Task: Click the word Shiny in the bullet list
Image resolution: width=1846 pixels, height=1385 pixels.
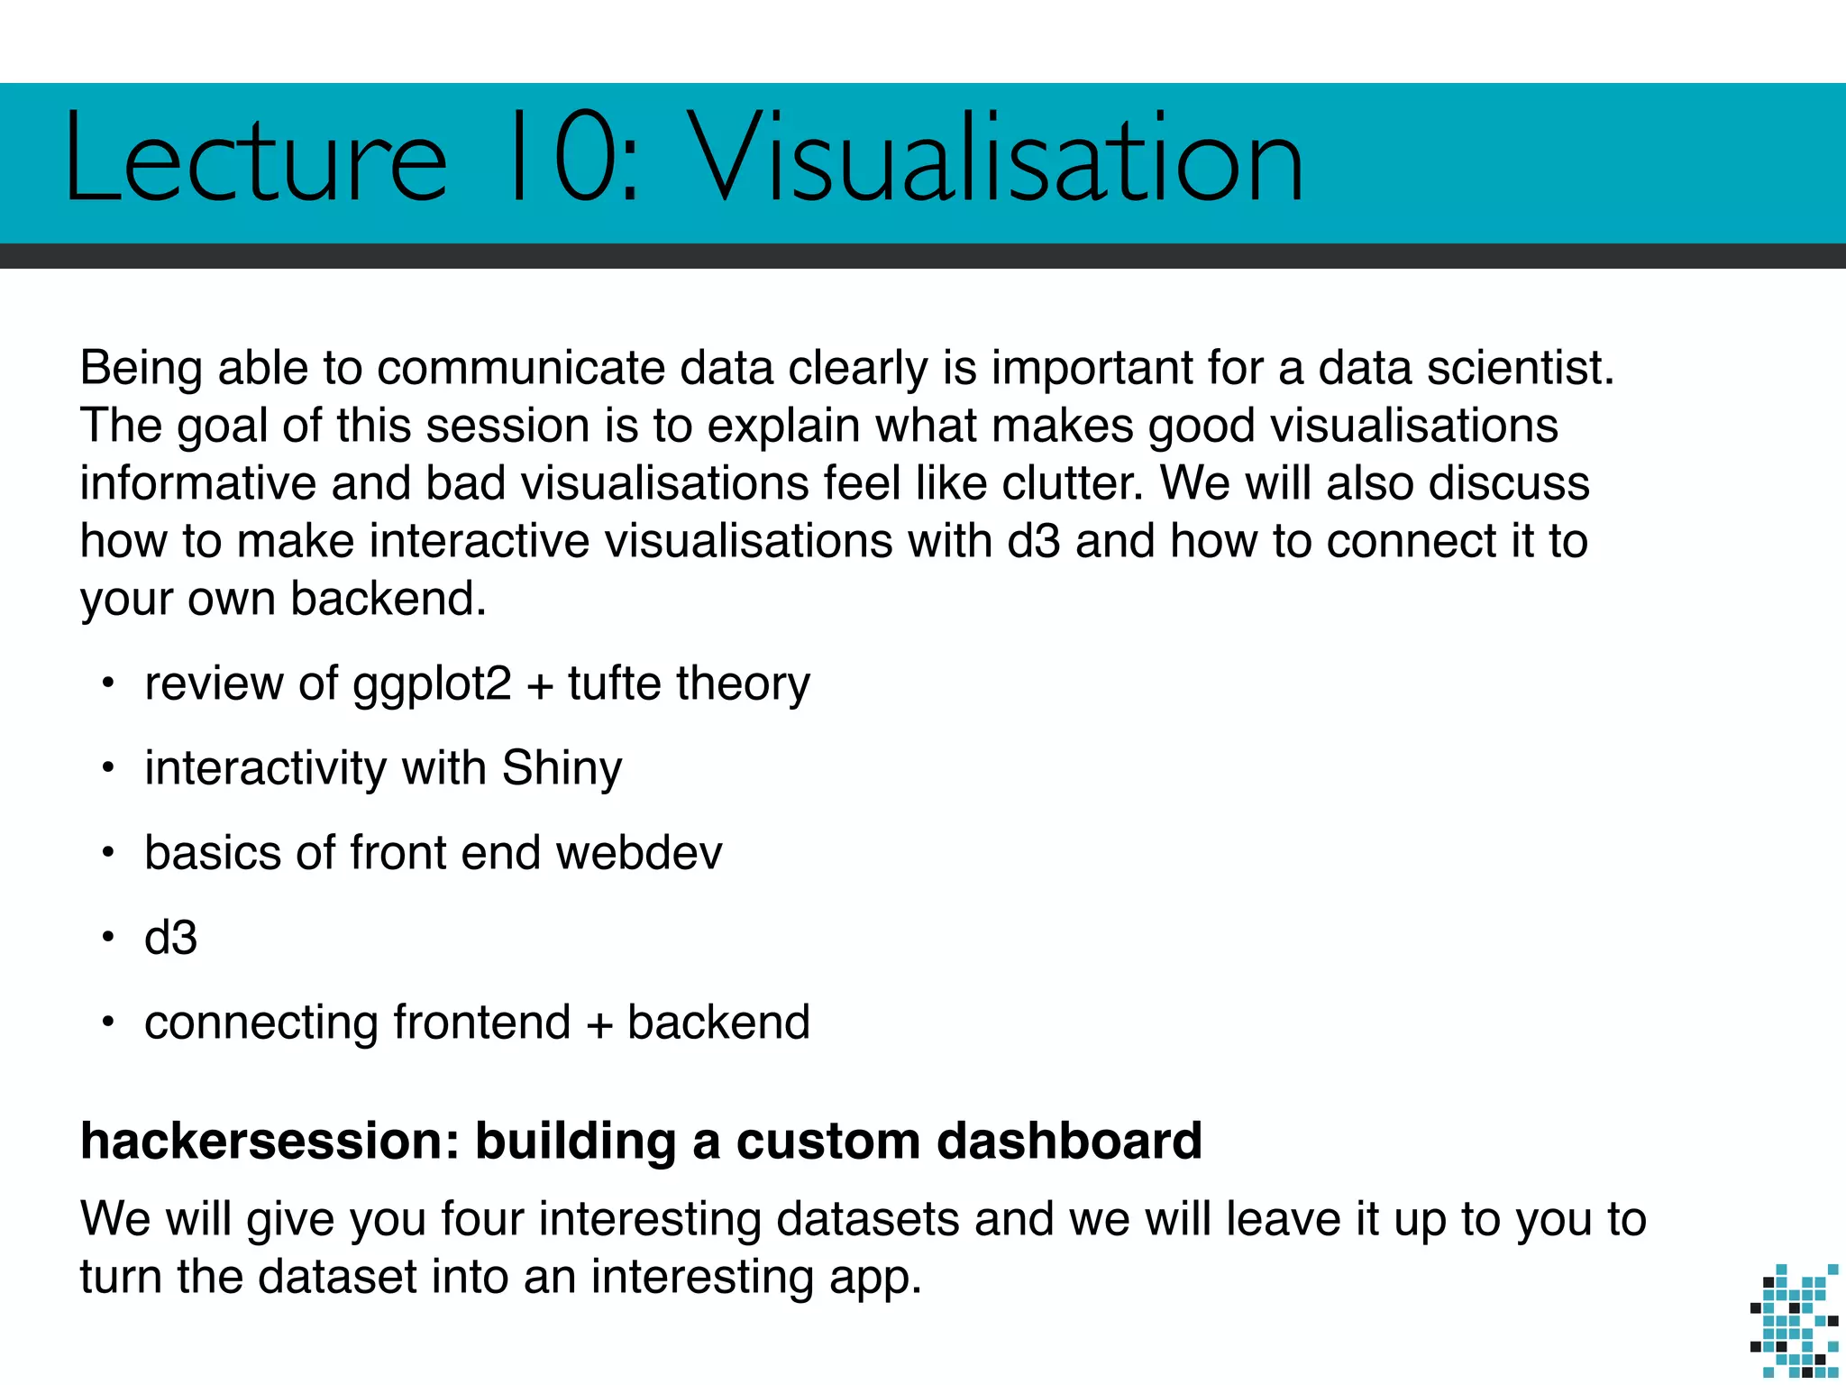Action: coord(562,768)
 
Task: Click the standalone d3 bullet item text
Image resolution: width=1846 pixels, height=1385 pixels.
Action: coord(170,938)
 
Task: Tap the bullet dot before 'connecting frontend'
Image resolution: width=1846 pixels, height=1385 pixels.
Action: coord(108,1023)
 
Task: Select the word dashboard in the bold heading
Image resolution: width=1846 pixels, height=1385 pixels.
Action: coord(1069,1142)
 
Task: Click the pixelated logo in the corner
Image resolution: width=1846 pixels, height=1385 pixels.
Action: coord(1794,1320)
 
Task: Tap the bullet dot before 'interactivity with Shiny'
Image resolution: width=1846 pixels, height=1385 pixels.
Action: coord(108,768)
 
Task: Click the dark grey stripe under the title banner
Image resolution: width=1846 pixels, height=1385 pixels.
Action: coord(923,256)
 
